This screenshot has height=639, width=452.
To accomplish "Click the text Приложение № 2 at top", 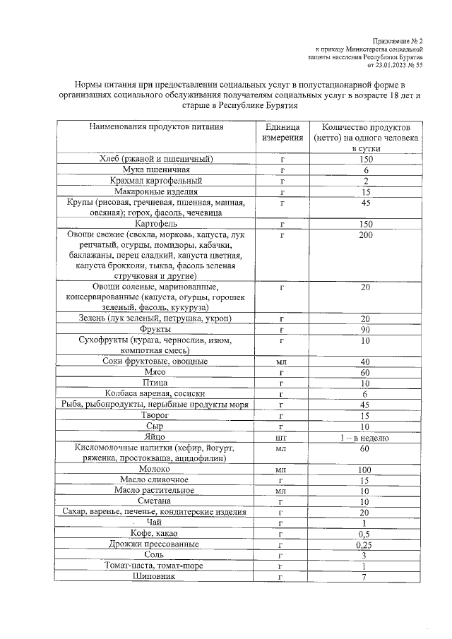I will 396,41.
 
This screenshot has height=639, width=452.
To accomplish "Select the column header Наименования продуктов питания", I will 156,127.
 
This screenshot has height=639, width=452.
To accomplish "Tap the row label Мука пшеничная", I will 156,170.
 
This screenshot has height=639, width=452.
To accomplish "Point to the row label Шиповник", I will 156,577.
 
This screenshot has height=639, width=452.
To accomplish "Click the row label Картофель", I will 156,224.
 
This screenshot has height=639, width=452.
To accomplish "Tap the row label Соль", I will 156,555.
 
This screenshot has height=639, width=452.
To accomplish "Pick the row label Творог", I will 156,416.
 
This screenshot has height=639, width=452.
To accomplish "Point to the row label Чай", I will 156,522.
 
